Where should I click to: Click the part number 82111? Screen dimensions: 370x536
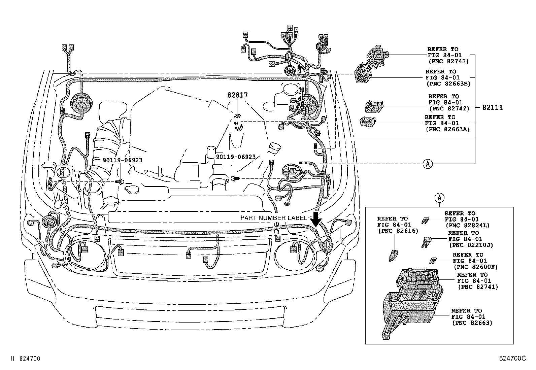[x=492, y=108]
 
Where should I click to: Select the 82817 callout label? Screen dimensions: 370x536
[x=237, y=95]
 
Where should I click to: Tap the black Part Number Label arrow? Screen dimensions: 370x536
[x=316, y=219]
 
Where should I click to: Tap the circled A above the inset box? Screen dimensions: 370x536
[x=439, y=198]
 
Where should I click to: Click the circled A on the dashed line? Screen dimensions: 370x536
[x=427, y=164]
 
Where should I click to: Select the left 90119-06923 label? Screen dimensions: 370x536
[x=123, y=160]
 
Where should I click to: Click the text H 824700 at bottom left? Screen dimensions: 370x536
[x=26, y=359]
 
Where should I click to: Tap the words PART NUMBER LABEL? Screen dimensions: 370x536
[x=273, y=218]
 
